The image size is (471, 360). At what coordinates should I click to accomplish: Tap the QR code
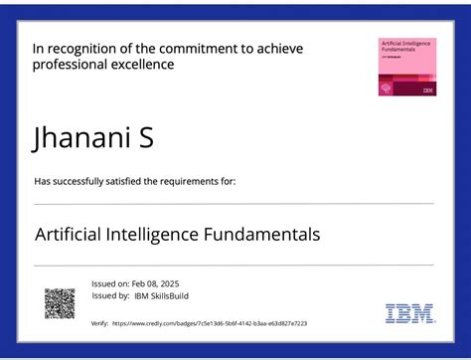pos(60,302)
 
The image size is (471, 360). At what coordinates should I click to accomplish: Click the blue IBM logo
pos(409,313)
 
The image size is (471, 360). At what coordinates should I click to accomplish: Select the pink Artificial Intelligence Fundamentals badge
pos(407,67)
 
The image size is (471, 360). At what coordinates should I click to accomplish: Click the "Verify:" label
pos(99,323)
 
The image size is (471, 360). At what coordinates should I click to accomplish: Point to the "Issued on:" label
pos(109,283)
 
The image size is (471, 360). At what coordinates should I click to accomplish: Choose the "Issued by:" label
pos(109,295)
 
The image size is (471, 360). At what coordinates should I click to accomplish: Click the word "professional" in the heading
pos(69,65)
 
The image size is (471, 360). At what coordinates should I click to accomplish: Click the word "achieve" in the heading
pos(279,48)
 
